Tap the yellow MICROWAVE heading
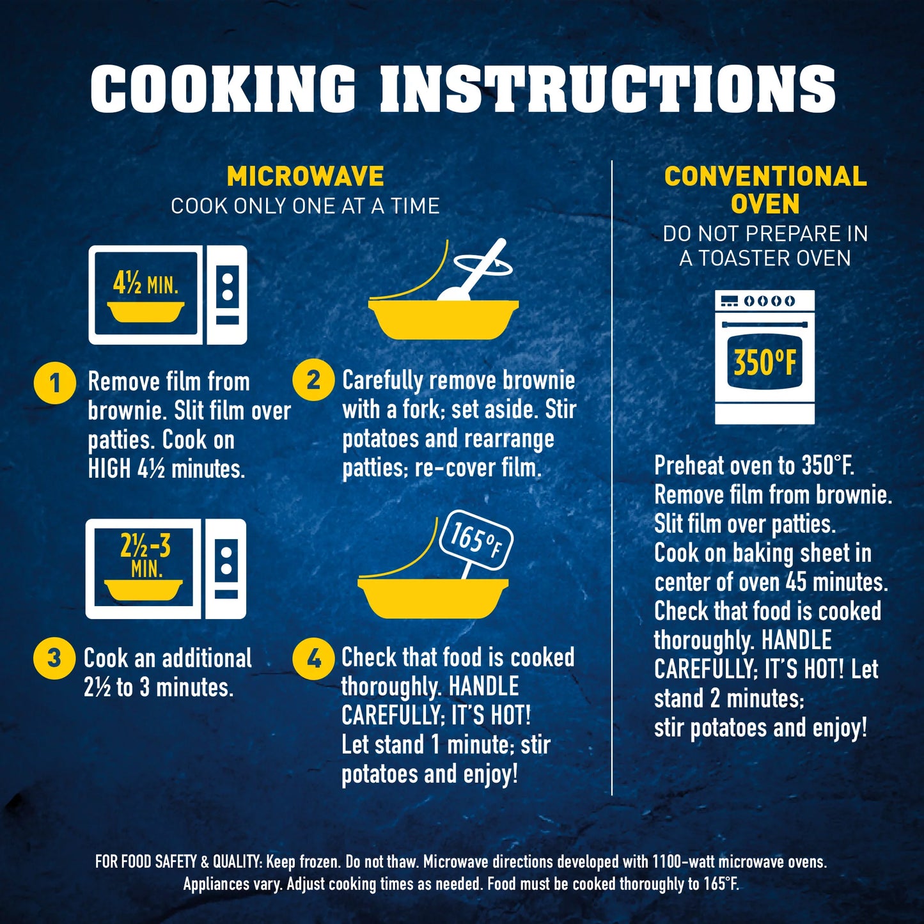pyautogui.click(x=306, y=176)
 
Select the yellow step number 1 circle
pyautogui.click(x=54, y=384)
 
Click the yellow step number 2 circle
pyautogui.click(x=313, y=380)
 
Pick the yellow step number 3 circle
pyautogui.click(x=54, y=657)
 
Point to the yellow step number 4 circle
pyautogui.click(x=313, y=660)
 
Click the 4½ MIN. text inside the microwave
pyautogui.click(x=146, y=285)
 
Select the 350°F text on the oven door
pyautogui.click(x=764, y=362)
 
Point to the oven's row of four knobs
pyautogui.click(x=770, y=301)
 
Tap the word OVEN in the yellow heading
pyautogui.click(x=765, y=203)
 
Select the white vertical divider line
pyautogui.click(x=613, y=478)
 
